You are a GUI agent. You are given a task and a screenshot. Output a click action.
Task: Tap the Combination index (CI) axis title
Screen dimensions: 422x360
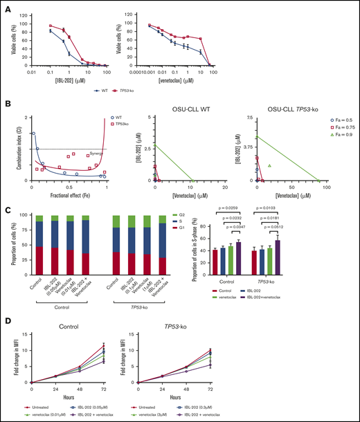click(8, 147)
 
